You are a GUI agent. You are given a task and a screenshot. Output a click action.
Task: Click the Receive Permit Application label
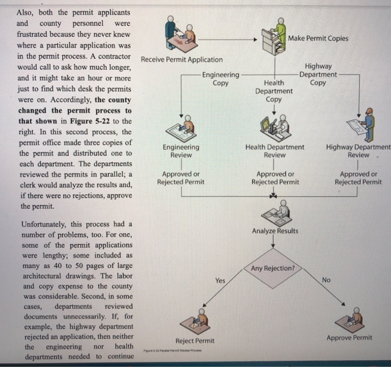tap(182, 59)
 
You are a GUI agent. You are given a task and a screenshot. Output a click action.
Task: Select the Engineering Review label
tap(181, 150)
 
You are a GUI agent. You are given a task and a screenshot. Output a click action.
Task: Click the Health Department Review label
tap(275, 150)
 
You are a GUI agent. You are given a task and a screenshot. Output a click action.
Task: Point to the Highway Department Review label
tap(358, 150)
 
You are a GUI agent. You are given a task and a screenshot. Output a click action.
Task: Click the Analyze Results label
tap(275, 231)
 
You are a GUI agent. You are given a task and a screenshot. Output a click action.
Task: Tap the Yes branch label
tap(221, 281)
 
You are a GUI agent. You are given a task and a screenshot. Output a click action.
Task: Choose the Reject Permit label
tap(195, 340)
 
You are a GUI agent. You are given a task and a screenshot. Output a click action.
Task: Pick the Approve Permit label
tap(349, 337)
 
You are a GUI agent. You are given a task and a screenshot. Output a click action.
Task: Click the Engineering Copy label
tap(221, 79)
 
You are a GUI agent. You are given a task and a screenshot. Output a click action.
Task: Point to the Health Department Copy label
tap(274, 91)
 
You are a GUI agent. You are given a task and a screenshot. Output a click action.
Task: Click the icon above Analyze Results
tap(274, 211)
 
